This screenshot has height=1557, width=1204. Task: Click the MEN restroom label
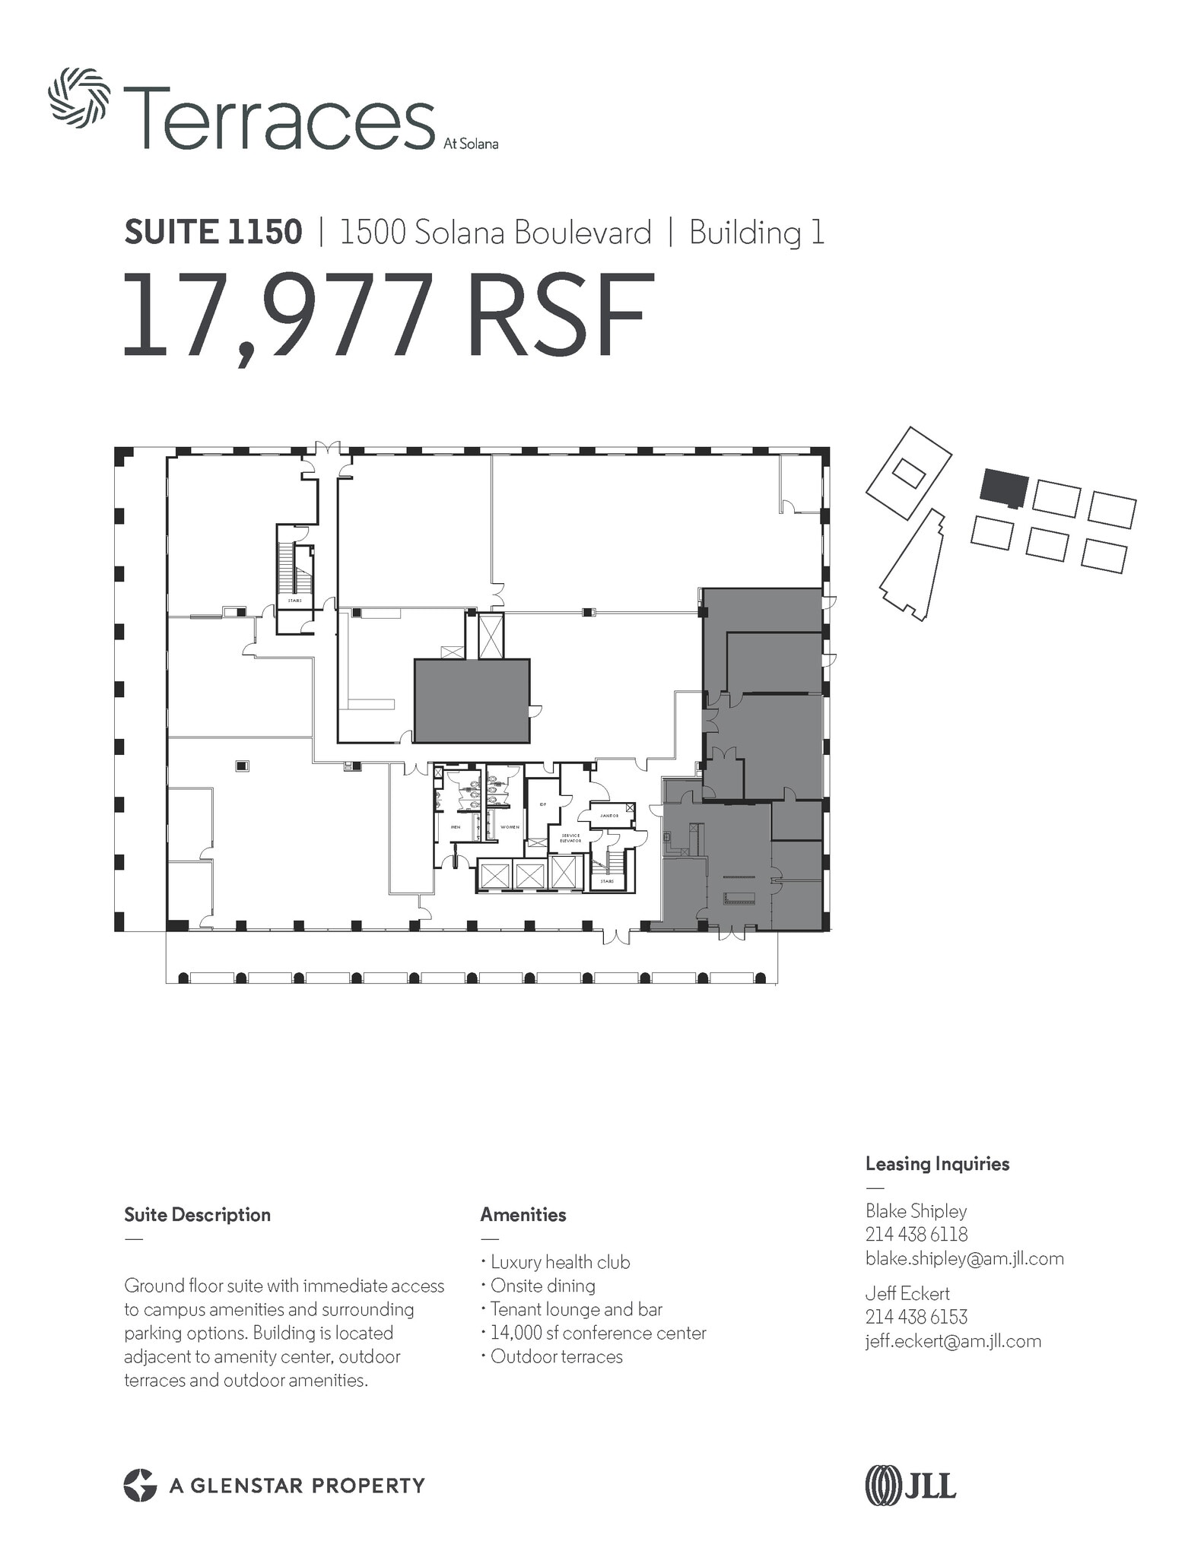pyautogui.click(x=456, y=827)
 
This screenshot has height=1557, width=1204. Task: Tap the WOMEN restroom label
pyautogui.click(x=510, y=827)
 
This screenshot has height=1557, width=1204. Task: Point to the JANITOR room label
pyautogui.click(x=609, y=816)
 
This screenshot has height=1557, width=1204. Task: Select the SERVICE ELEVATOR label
pyautogui.click(x=570, y=838)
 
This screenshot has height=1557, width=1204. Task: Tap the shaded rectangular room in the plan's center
pyautogui.click(x=472, y=700)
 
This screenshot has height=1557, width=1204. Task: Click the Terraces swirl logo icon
pyautogui.click(x=79, y=97)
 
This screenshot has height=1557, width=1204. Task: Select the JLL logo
pyautogui.click(x=910, y=1485)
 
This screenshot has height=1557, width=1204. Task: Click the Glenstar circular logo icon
pyautogui.click(x=140, y=1486)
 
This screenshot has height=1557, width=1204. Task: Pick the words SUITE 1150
pyautogui.click(x=213, y=233)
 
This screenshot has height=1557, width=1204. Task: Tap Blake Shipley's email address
pyautogui.click(x=964, y=1259)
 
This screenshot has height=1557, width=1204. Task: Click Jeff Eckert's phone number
pyautogui.click(x=916, y=1318)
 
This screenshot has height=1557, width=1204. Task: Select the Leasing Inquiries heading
pyautogui.click(x=937, y=1164)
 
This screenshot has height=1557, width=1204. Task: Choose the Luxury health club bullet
pyautogui.click(x=560, y=1263)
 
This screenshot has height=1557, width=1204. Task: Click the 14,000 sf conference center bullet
pyautogui.click(x=598, y=1333)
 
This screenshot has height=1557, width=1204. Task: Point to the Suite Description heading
pyautogui.click(x=197, y=1215)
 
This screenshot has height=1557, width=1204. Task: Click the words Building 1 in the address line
pyautogui.click(x=756, y=233)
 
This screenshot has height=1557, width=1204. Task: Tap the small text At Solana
pyautogui.click(x=471, y=144)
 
